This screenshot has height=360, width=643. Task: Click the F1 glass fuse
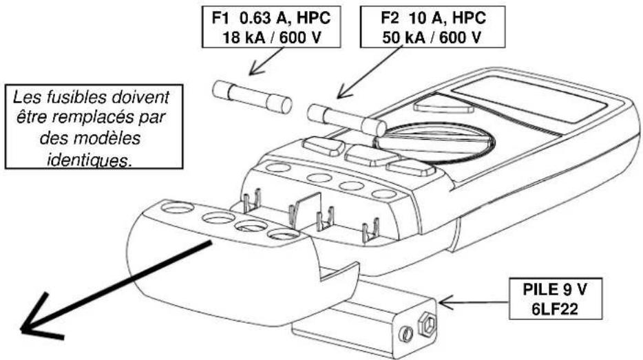pyautogui.click(x=251, y=96)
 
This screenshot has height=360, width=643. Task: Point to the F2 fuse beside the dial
pyautogui.click(x=345, y=118)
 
